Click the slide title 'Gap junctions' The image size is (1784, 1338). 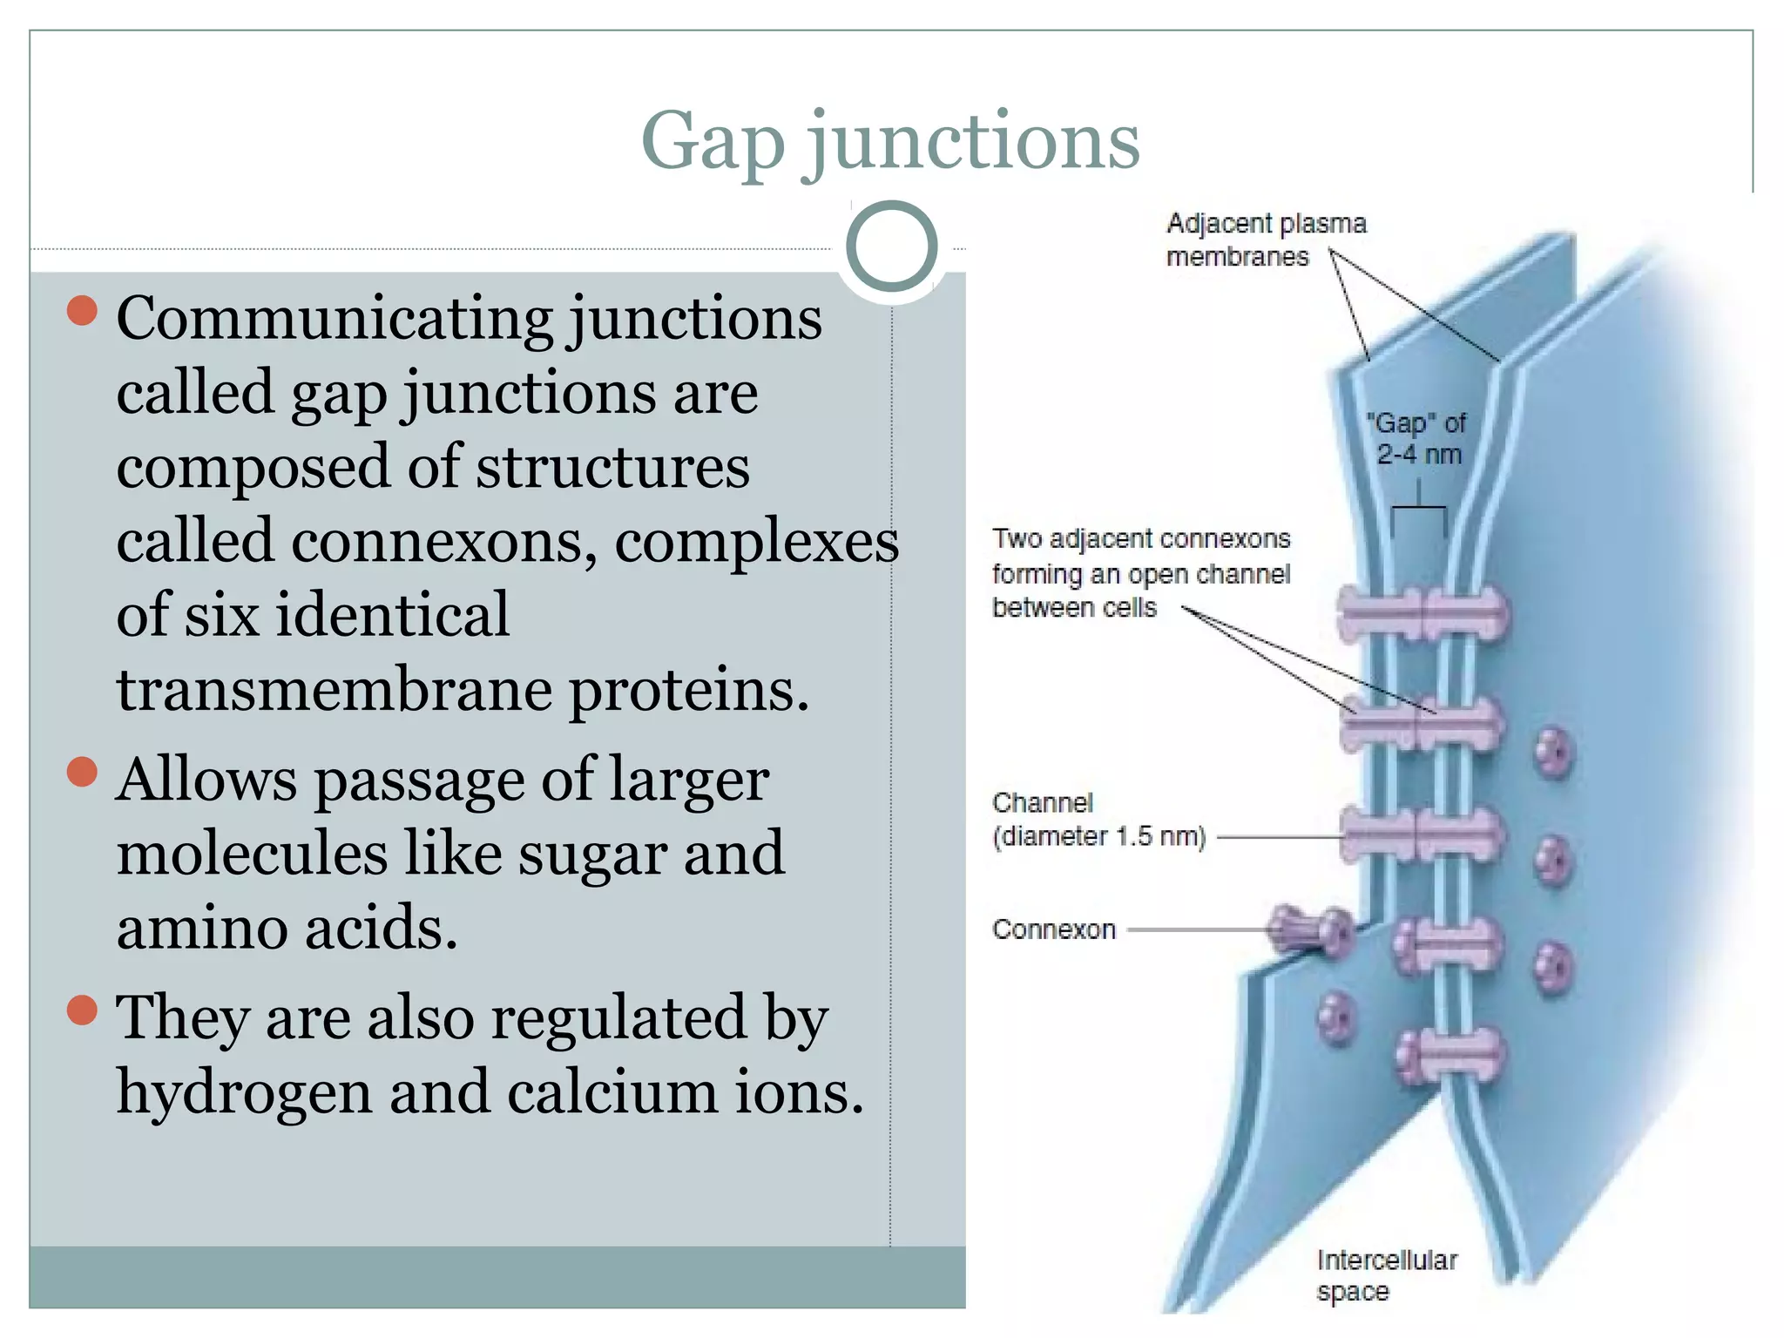pyautogui.click(x=890, y=141)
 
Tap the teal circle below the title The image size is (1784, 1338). pyautogui.click(x=891, y=247)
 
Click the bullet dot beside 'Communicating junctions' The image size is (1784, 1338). pyautogui.click(x=82, y=311)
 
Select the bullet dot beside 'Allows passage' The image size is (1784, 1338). pyautogui.click(x=82, y=772)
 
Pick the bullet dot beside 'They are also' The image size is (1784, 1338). pyautogui.click(x=82, y=1010)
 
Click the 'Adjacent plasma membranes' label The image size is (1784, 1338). pyautogui.click(x=1265, y=240)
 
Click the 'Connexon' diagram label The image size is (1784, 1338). pyautogui.click(x=1053, y=929)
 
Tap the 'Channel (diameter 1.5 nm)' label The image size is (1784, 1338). pyautogui.click(x=1098, y=820)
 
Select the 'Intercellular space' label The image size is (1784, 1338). pyautogui.click(x=1385, y=1275)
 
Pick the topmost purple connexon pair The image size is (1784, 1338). pyautogui.click(x=1424, y=614)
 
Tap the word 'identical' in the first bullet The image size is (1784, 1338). pyautogui.click(x=392, y=615)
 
